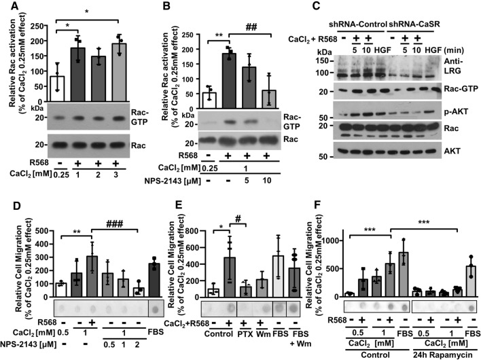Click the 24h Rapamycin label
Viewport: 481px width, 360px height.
coord(430,353)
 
